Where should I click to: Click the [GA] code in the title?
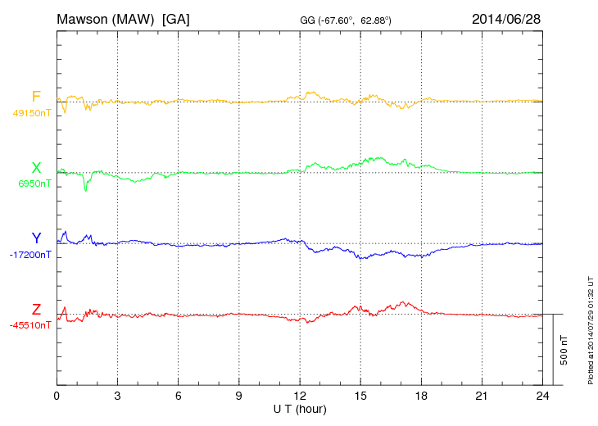pos(175,19)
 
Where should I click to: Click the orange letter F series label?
pos(36,97)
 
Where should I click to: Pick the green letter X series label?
pos(36,168)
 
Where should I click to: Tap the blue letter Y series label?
pos(36,238)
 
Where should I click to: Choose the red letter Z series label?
pos(36,309)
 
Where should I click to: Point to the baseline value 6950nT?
pos(34,184)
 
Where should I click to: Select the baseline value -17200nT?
pos(31,255)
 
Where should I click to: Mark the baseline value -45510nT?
pos(31,325)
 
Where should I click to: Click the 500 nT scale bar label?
pos(564,350)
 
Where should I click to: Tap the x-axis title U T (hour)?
pos(300,409)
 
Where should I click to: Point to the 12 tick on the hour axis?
pos(300,395)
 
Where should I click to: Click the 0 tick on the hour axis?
pos(57,395)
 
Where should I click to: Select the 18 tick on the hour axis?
pos(421,395)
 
